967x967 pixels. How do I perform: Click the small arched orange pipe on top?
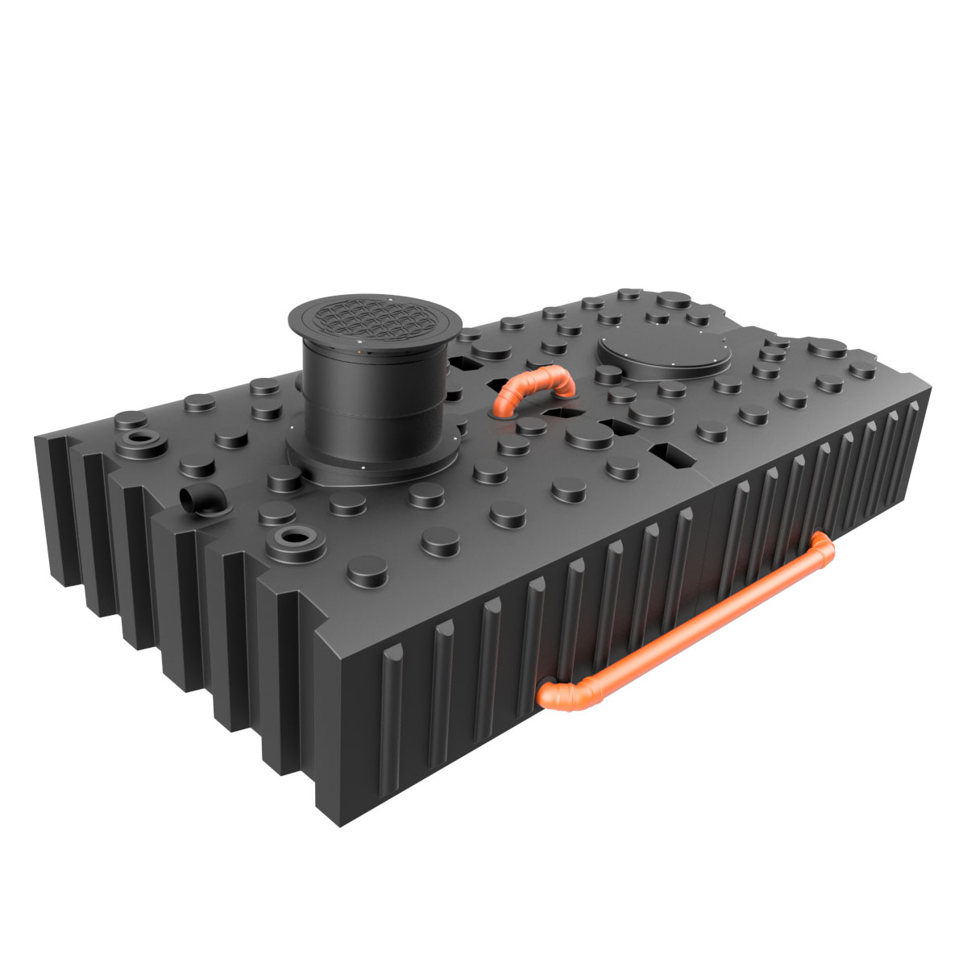click(532, 385)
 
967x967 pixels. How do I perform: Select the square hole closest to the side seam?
click(674, 456)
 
